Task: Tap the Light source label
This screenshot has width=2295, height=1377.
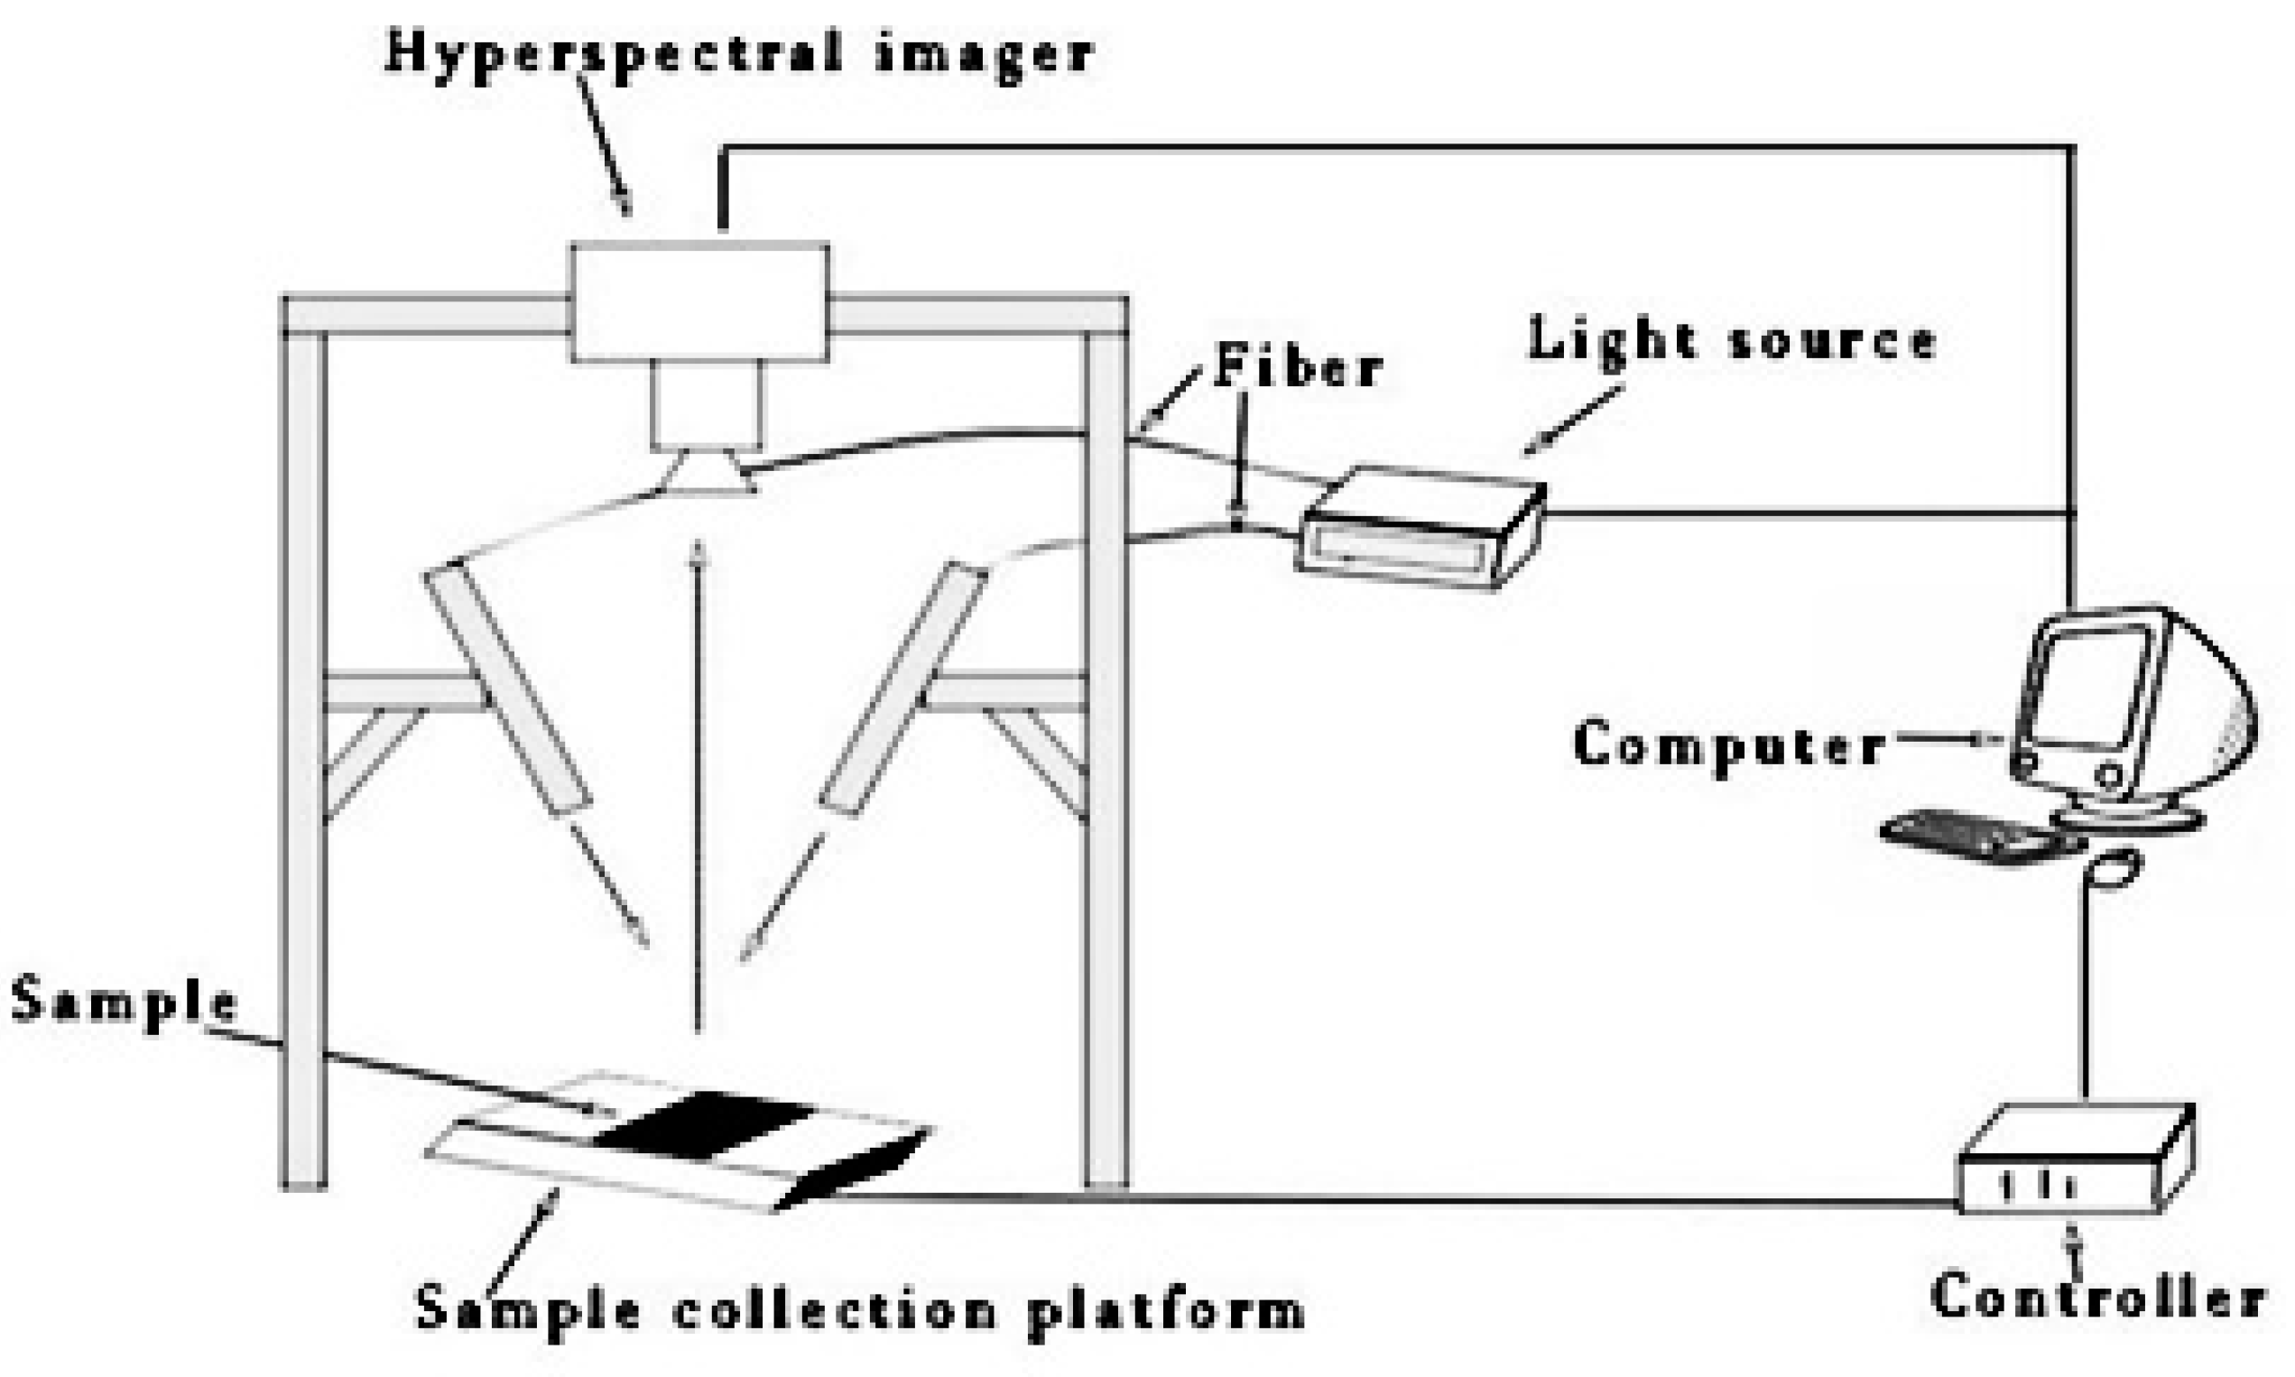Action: click(1732, 340)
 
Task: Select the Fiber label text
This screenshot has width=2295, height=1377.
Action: click(1298, 365)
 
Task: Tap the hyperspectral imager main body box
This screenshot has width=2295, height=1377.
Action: click(699, 301)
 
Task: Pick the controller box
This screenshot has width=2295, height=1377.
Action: click(2074, 1166)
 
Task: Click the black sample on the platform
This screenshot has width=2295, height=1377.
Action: click(706, 1124)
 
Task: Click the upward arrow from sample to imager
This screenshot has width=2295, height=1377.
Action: click(698, 789)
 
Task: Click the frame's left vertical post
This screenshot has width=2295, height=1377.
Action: click(304, 743)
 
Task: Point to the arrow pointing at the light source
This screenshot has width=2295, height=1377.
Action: click(1573, 420)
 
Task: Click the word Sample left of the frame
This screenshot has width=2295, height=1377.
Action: click(123, 1003)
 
